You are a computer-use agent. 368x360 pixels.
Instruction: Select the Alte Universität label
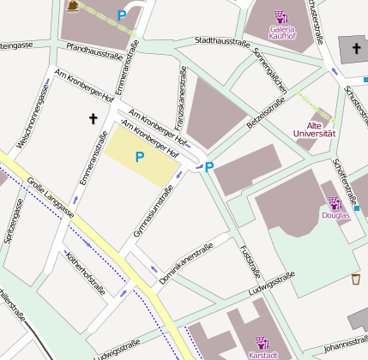click(314, 129)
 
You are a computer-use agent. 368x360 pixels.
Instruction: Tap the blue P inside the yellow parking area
click(138, 157)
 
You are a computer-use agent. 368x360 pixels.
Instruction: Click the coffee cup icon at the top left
click(74, 7)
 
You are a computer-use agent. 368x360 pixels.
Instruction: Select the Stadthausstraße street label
click(226, 40)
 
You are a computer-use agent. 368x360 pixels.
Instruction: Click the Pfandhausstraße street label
click(94, 52)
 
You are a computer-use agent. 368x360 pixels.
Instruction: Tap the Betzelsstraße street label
click(265, 112)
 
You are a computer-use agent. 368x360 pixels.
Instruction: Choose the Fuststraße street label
click(250, 261)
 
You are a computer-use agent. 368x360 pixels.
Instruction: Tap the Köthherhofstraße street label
click(85, 273)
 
